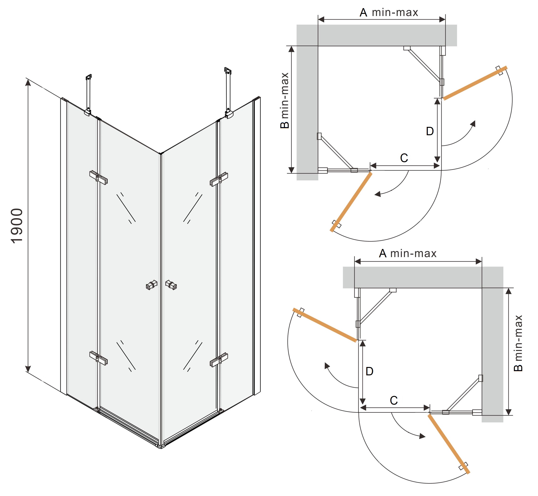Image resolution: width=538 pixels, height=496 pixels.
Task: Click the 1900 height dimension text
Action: click(x=17, y=226)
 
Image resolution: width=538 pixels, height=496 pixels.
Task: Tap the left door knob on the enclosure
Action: click(x=152, y=285)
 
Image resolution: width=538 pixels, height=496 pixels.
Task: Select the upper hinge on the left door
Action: click(x=98, y=177)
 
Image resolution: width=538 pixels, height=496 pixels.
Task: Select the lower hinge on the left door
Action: click(x=98, y=358)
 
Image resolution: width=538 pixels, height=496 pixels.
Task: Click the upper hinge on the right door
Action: click(x=219, y=179)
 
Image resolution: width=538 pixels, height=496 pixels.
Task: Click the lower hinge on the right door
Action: click(x=219, y=360)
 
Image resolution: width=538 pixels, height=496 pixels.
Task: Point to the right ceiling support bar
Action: click(x=228, y=91)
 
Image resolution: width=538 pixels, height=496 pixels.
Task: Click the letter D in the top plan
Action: click(x=430, y=131)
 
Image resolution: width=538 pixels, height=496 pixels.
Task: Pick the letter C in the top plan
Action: click(x=404, y=158)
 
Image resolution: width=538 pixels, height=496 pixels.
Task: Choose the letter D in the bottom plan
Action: click(x=369, y=371)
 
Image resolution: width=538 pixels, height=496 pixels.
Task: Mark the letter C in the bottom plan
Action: click(x=394, y=400)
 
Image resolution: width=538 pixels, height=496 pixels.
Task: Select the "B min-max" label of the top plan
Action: click(x=285, y=100)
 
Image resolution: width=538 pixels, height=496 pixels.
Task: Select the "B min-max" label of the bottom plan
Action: click(x=518, y=343)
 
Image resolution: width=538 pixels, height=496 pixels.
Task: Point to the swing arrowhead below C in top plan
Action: click(x=378, y=194)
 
